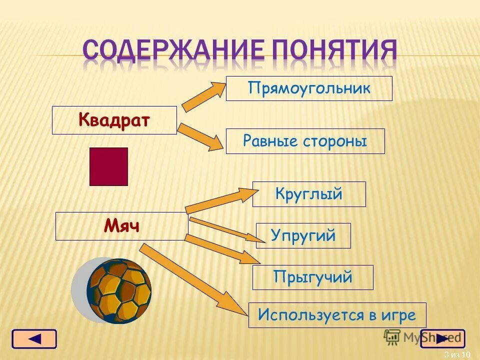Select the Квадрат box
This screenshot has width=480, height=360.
pyautogui.click(x=114, y=120)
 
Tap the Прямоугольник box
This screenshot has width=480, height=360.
pyautogui.click(x=309, y=88)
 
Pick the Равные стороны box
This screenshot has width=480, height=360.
pyautogui.click(x=305, y=141)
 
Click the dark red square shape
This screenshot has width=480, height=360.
pyautogui.click(x=108, y=166)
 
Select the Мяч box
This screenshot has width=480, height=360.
pyautogui.click(x=121, y=226)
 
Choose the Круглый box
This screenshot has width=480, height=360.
pyautogui.click(x=309, y=194)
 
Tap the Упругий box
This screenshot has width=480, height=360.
pyautogui.click(x=303, y=235)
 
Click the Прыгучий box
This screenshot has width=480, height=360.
pyautogui.click(x=312, y=277)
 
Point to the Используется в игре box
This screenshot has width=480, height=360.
pyautogui.click(x=337, y=315)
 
